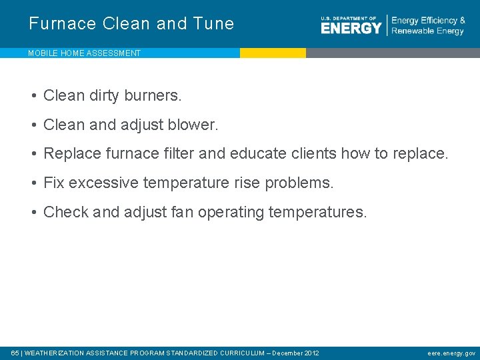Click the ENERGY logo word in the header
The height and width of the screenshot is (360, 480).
tap(351, 27)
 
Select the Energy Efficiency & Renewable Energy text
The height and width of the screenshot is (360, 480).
tap(428, 26)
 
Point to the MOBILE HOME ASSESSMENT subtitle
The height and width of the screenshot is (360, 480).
tap(84, 53)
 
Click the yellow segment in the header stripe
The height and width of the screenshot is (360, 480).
tap(273, 53)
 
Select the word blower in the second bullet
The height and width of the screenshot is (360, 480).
tap(195, 125)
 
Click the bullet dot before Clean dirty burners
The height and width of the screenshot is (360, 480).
tap(33, 96)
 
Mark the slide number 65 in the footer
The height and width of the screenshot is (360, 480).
tap(15, 353)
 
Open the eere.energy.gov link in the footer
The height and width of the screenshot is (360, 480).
tap(451, 353)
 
